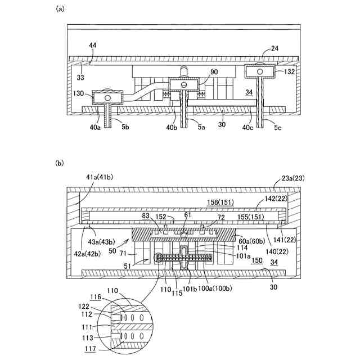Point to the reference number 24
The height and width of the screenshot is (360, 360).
(274, 48)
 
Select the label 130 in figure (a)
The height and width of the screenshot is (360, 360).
(79, 94)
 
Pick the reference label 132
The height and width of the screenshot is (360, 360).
(288, 71)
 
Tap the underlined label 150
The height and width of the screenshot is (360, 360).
(256, 261)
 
